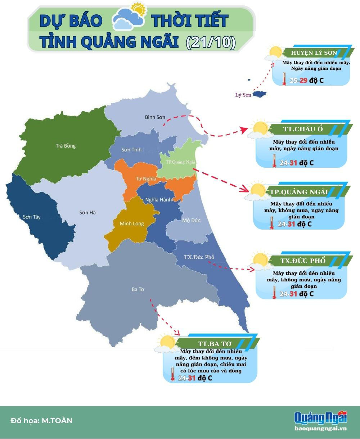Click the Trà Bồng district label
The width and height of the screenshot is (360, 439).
tap(66, 146)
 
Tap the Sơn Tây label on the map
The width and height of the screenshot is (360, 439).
tap(32, 217)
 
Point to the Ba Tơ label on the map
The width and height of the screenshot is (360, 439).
tap(138, 289)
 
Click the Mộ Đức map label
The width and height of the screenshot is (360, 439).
tap(191, 220)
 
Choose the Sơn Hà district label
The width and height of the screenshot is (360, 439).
tap(87, 213)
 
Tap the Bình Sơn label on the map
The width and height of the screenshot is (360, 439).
tap(155, 117)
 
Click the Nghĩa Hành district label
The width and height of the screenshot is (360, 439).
tap(159, 200)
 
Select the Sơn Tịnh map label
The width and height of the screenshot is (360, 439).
tap(131, 150)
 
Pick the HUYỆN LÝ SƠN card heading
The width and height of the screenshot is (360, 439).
tap(314, 53)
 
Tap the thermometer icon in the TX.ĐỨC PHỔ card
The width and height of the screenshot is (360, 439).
tap(274, 293)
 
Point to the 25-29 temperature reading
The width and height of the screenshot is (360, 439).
tap(298, 80)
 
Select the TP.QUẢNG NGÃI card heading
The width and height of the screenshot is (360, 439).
tap(299, 192)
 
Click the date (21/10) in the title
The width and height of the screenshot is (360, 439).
tap(211, 42)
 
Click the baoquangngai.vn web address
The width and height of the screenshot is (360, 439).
tap(320, 428)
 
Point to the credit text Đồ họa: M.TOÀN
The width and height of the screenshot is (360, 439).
tap(42, 420)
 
